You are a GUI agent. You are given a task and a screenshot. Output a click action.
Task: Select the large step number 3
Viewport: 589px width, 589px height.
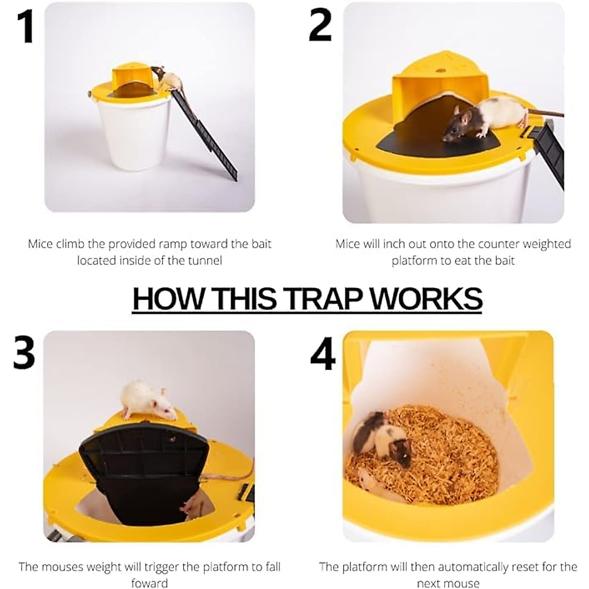(24, 353)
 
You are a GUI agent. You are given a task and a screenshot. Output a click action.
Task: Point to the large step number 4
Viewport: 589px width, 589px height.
(322, 354)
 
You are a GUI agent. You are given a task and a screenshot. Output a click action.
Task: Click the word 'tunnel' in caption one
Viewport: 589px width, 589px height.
(205, 260)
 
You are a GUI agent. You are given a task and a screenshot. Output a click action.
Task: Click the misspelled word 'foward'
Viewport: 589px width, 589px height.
(149, 583)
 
